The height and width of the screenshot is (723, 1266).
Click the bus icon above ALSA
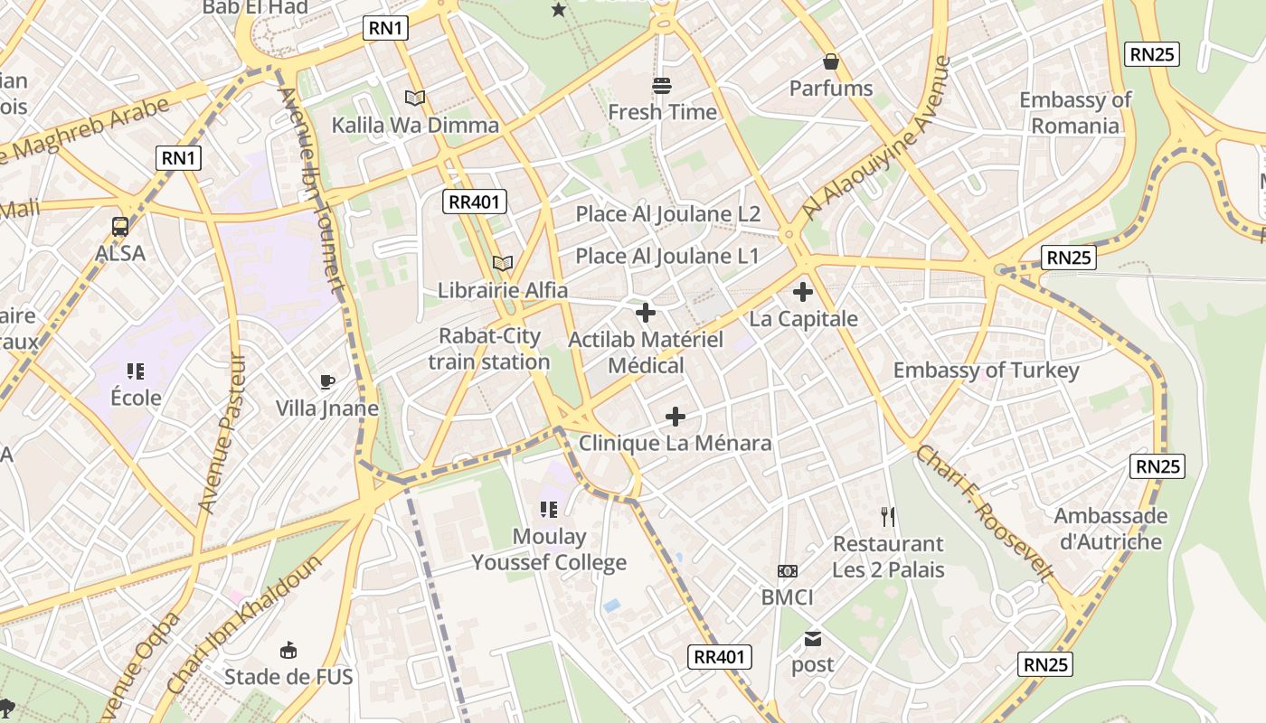(119, 226)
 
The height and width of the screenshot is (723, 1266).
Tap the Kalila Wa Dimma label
(415, 125)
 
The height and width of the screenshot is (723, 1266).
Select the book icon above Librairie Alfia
(503, 263)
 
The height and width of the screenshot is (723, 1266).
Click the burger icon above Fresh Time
(662, 86)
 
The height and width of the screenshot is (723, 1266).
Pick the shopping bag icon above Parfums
(830, 61)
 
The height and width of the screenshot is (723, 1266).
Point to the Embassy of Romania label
(1075, 113)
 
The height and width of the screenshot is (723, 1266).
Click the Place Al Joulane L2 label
(667, 214)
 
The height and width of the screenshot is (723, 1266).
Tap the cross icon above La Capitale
(802, 292)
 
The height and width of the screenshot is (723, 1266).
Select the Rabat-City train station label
(489, 349)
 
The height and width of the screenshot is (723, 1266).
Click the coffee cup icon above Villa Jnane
(327, 381)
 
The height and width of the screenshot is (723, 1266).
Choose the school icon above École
(136, 371)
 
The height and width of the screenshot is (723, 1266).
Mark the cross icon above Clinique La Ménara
(675, 417)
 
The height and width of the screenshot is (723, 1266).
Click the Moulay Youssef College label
(549, 549)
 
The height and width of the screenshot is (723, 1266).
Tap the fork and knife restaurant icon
(888, 517)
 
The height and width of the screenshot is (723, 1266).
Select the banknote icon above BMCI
(787, 571)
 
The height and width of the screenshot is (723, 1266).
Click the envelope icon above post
(812, 639)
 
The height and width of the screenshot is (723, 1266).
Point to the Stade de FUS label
(288, 676)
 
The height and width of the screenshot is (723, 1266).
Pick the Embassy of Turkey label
(986, 371)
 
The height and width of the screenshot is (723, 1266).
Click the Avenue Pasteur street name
(222, 434)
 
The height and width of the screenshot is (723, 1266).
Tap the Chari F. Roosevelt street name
(985, 512)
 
